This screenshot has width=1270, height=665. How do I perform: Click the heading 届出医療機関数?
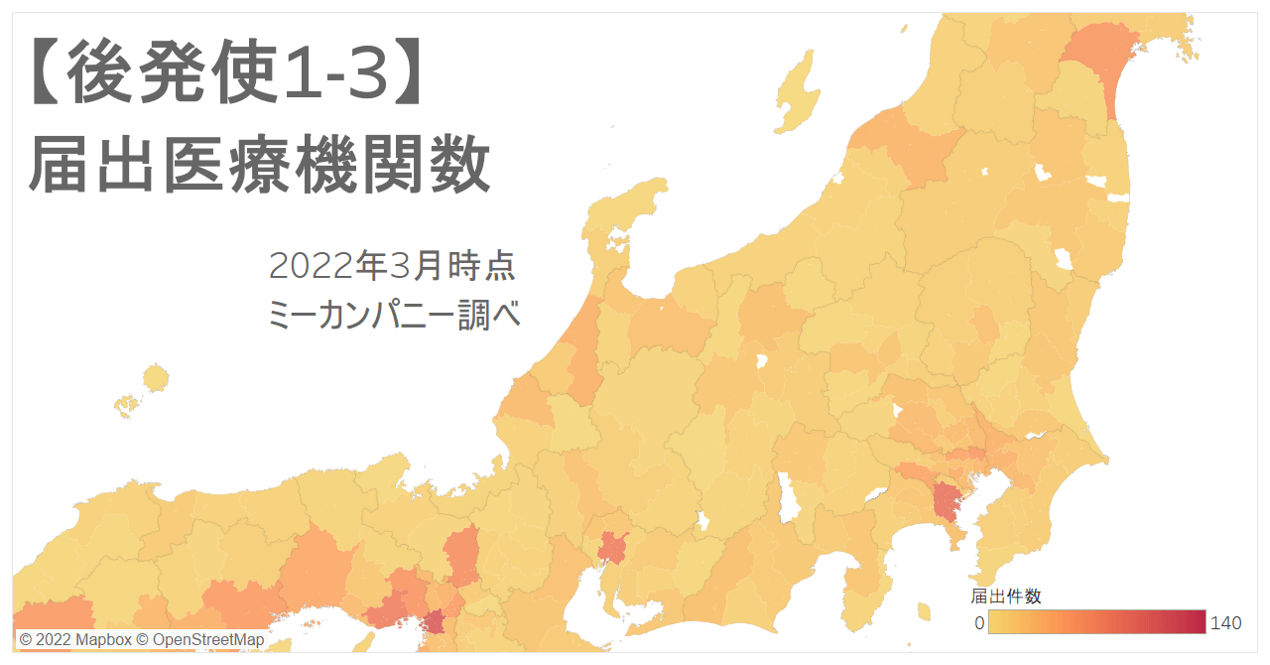[260, 165]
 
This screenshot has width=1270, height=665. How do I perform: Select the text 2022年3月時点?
[392, 266]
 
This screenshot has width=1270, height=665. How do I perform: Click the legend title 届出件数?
[1005, 596]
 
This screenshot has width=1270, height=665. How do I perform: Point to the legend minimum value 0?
[978, 623]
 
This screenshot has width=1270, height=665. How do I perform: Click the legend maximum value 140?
[1225, 623]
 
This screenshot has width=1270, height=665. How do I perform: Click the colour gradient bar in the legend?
[1096, 622]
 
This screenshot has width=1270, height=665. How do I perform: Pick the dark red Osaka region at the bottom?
[434, 624]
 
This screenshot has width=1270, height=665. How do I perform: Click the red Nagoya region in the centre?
[611, 547]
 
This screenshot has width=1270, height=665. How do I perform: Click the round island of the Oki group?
[156, 378]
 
